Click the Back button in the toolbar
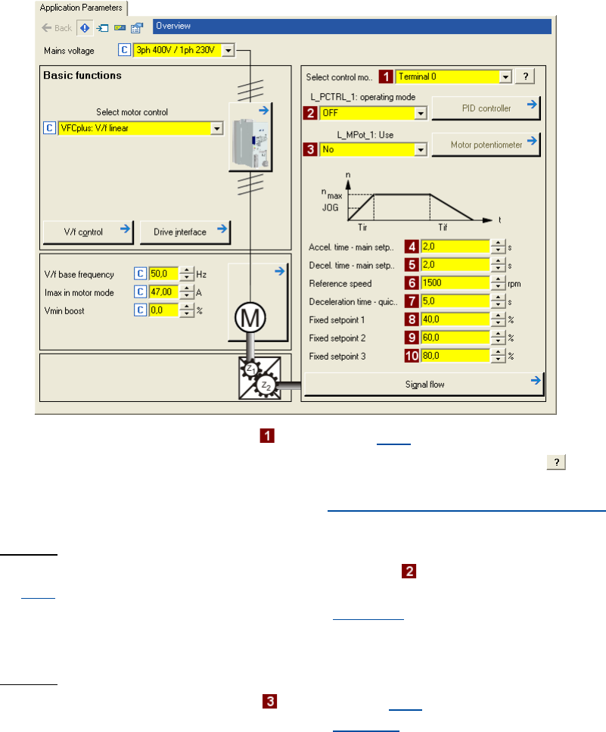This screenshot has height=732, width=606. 57,28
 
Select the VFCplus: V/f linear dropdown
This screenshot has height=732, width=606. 141,129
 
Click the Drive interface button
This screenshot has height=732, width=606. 185,232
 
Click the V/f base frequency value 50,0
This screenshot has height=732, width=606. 163,274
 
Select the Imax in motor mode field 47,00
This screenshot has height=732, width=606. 163,292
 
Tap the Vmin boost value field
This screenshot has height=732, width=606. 163,310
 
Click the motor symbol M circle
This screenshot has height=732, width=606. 250,318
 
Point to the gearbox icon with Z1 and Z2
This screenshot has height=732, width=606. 259,378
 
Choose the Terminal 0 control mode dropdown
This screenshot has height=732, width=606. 453,76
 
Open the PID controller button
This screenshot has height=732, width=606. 486,108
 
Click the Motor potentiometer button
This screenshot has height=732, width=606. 486,145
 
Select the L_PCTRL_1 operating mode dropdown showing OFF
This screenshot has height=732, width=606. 373,113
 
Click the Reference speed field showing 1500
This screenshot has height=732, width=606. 455,283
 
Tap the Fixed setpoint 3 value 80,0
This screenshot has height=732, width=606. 455,356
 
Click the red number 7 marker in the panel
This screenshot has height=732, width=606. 412,301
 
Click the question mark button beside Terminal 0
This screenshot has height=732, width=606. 525,76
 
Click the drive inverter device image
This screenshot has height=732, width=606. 250,138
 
